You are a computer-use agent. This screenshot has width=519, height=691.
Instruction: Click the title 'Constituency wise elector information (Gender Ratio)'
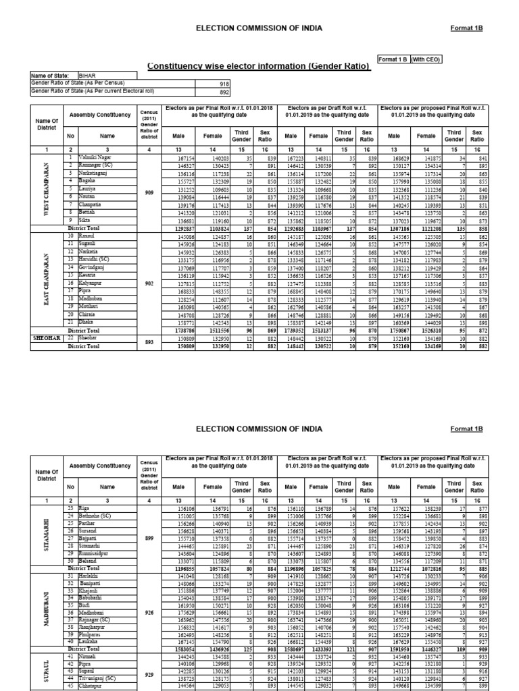tap(259, 66)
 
